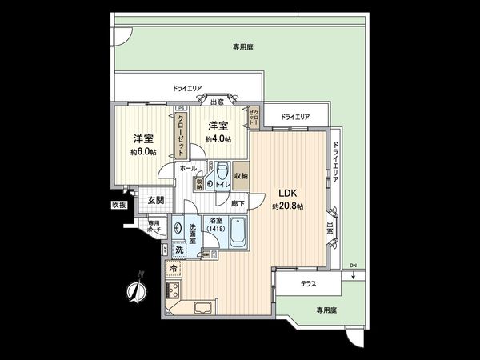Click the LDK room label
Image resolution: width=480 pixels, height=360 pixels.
tap(288, 193)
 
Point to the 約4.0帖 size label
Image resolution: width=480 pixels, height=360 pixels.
tap(218, 138)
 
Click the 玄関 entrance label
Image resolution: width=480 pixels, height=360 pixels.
tap(156, 200)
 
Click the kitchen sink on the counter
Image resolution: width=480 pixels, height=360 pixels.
tap(202, 309)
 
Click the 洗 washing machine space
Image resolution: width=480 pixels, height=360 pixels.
tap(179, 250)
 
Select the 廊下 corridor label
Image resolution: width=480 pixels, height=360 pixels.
tap(238, 204)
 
